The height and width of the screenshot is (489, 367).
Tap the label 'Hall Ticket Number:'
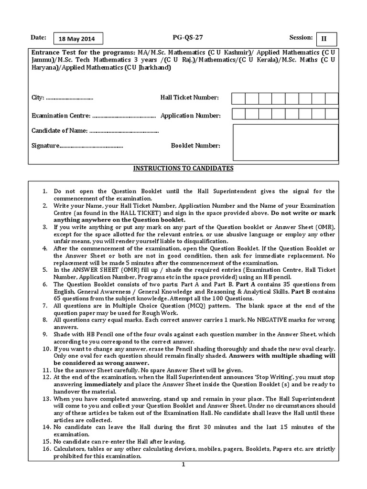189,98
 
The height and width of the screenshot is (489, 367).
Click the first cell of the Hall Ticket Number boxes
238,98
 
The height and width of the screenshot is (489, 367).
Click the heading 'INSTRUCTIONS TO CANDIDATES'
183,169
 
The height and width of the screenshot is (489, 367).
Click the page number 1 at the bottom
183,464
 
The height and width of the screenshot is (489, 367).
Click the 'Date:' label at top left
39,37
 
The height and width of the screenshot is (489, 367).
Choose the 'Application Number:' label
190,116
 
